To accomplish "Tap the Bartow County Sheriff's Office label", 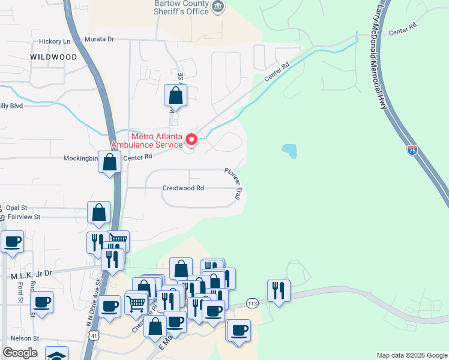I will (x=181, y=7).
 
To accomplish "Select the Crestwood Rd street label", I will (x=183, y=188).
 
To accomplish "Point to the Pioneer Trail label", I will (x=234, y=183).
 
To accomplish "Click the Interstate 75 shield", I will (x=412, y=150).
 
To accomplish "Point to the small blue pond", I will (x=289, y=151).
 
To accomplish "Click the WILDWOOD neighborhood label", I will (x=54, y=57).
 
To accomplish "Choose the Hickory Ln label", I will (x=55, y=41).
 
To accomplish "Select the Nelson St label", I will (x=25, y=338).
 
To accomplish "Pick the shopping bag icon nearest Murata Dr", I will (x=176, y=95).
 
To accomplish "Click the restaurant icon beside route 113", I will (x=279, y=290).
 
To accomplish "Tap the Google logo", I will (x=20, y=353).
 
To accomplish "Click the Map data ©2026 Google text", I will (x=412, y=355).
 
